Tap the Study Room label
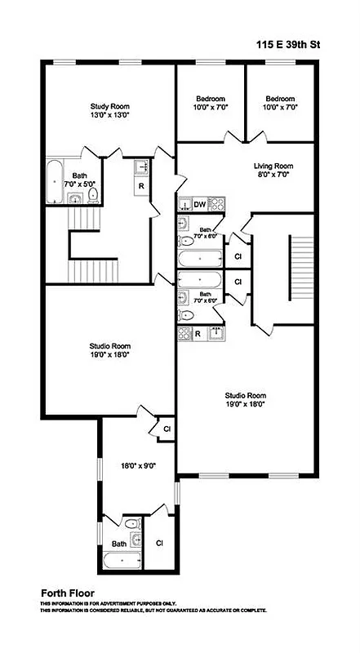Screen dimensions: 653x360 click(x=109, y=106)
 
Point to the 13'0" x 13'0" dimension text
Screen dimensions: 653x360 click(x=109, y=117)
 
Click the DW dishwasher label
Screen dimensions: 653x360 click(x=200, y=204)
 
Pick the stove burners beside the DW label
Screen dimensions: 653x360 click(x=216, y=204)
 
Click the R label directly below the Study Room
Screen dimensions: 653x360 click(x=140, y=185)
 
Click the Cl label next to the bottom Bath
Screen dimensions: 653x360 click(x=159, y=543)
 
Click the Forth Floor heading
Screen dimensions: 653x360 click(x=68, y=593)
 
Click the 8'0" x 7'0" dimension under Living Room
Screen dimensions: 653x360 click(x=273, y=174)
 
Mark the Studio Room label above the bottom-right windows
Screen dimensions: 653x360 click(x=246, y=396)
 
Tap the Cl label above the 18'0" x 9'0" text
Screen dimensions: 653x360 click(x=167, y=428)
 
